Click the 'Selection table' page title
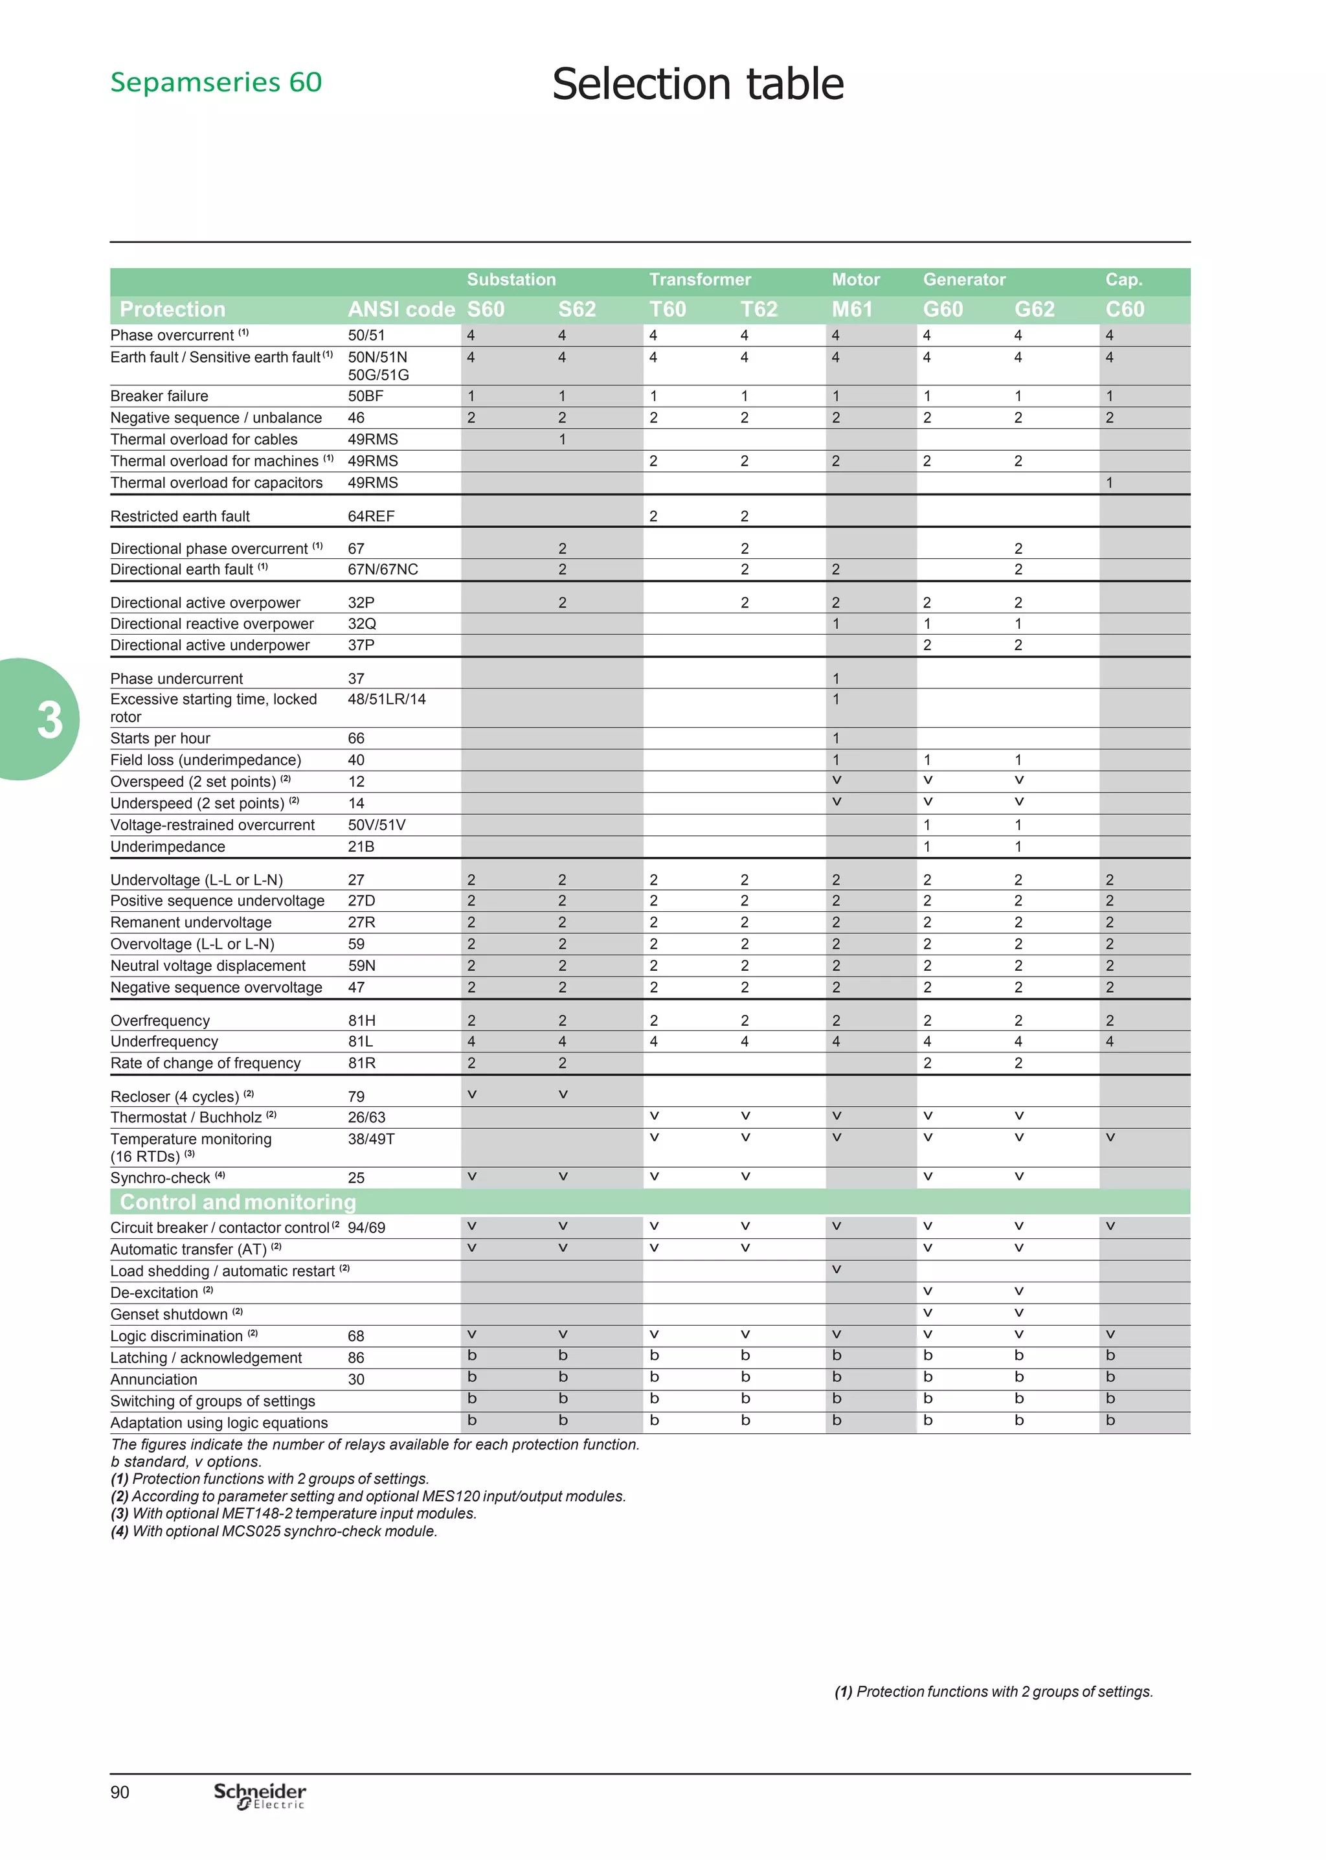pyautogui.click(x=697, y=84)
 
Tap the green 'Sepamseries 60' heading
pyautogui.click(x=216, y=82)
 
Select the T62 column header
pyautogui.click(x=759, y=310)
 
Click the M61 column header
pyautogui.click(x=851, y=310)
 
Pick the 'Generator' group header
pyautogui.click(x=963, y=279)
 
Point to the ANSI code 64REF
pyautogui.click(x=371, y=516)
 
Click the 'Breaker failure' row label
pyautogui.click(x=159, y=396)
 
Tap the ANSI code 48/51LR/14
pyautogui.click(x=386, y=699)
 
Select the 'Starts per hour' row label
pyautogui.click(x=160, y=738)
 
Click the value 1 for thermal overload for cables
pyautogui.click(x=562, y=439)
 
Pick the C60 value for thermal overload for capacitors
pyautogui.click(x=1109, y=482)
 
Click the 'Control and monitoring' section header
pyautogui.click(x=238, y=1202)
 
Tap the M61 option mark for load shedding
pyautogui.click(x=836, y=1269)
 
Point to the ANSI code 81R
pyautogui.click(x=362, y=1063)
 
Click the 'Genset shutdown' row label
pyautogui.click(x=169, y=1315)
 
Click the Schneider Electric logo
pyautogui.click(x=260, y=1795)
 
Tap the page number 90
pyautogui.click(x=120, y=1792)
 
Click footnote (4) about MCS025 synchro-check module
pyautogui.click(x=275, y=1531)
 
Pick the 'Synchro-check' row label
pyautogui.click(x=160, y=1177)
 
